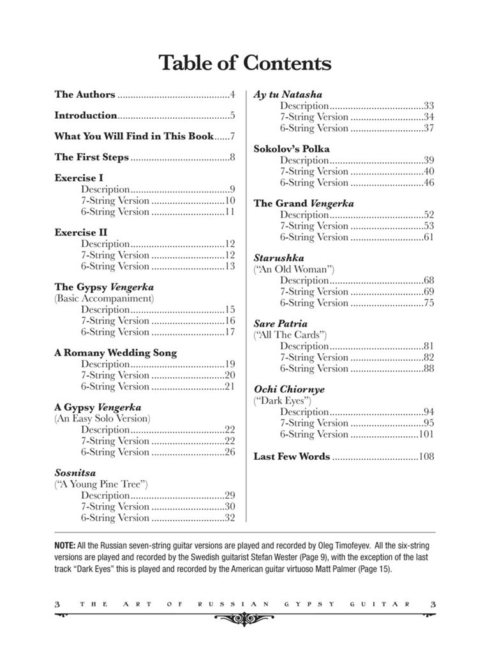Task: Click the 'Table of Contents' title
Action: coord(244,63)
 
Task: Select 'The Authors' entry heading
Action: coord(85,95)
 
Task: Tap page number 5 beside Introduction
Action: coord(233,116)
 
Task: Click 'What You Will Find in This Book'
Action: coord(134,136)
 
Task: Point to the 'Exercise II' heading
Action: coord(80,232)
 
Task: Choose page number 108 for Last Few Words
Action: coord(426,456)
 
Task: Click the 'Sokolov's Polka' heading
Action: coord(292,149)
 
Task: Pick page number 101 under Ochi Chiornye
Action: coord(426,434)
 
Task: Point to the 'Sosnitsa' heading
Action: coord(75,473)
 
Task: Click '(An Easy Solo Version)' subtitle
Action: coord(102,418)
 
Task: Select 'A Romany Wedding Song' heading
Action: coord(115,353)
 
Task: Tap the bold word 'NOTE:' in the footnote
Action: coord(64,546)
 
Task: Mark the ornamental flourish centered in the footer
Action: coord(244,618)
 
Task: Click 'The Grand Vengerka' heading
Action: coord(304,203)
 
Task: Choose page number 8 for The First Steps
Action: coord(233,157)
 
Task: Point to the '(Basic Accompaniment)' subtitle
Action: coord(104,298)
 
